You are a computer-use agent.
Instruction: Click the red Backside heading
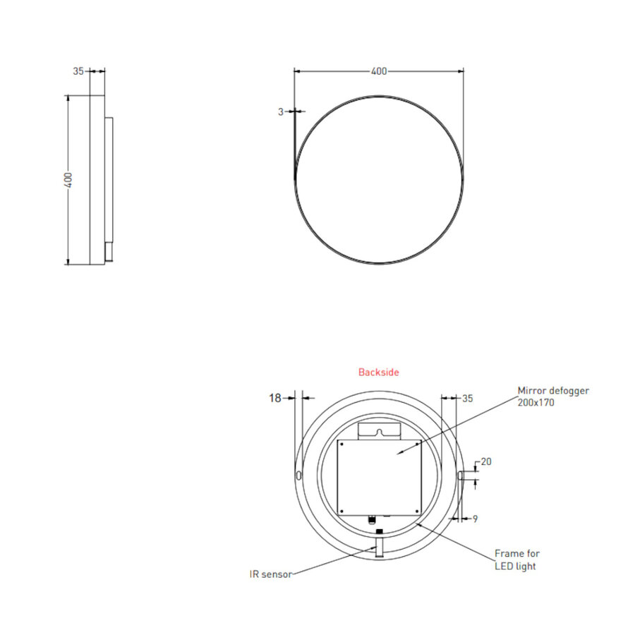pyautogui.click(x=378, y=372)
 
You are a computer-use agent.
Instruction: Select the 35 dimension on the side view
pyautogui.click(x=78, y=71)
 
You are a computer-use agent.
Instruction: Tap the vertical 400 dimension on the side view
pyautogui.click(x=68, y=180)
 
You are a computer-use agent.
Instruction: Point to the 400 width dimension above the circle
pyautogui.click(x=379, y=71)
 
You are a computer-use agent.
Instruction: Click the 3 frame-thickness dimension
pyautogui.click(x=281, y=111)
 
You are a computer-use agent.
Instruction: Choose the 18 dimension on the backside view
pyautogui.click(x=274, y=398)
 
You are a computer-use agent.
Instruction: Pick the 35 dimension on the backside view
pyautogui.click(x=467, y=398)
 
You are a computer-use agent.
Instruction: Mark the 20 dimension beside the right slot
pyautogui.click(x=486, y=462)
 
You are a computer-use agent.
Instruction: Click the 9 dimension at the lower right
pyautogui.click(x=475, y=519)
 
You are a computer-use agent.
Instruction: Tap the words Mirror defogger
pyautogui.click(x=553, y=390)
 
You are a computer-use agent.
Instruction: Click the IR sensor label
pyautogui.click(x=270, y=574)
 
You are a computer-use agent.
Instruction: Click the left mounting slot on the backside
pyautogui.click(x=299, y=476)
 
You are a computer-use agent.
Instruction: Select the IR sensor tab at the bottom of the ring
pyautogui.click(x=379, y=548)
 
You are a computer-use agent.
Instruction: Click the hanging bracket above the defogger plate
pyautogui.click(x=380, y=430)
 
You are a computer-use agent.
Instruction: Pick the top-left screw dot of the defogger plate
pyautogui.click(x=341, y=445)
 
